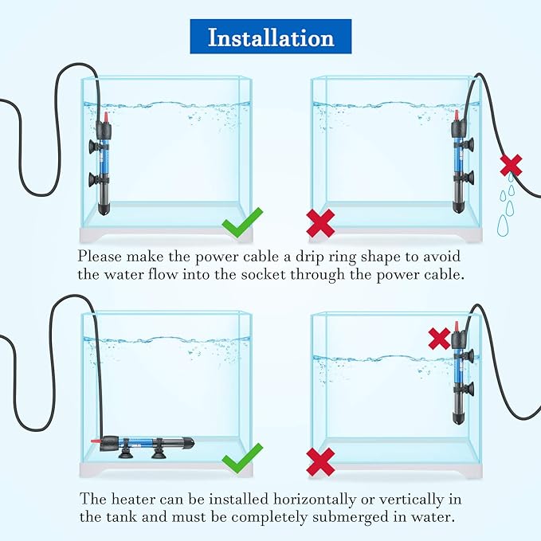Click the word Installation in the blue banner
click(271, 37)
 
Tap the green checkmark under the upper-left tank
click(242, 222)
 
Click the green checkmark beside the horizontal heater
click(242, 459)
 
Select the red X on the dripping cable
click(511, 165)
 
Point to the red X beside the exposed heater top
click(439, 339)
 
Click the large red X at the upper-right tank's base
click(320, 223)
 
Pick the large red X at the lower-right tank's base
click(320, 461)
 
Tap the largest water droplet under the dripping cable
click(503, 225)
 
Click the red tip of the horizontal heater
click(96, 441)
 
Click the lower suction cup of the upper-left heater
click(93, 179)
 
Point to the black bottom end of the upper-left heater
click(104, 210)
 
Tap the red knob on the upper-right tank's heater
click(457, 116)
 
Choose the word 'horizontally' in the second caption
click(315, 500)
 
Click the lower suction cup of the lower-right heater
click(468, 390)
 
